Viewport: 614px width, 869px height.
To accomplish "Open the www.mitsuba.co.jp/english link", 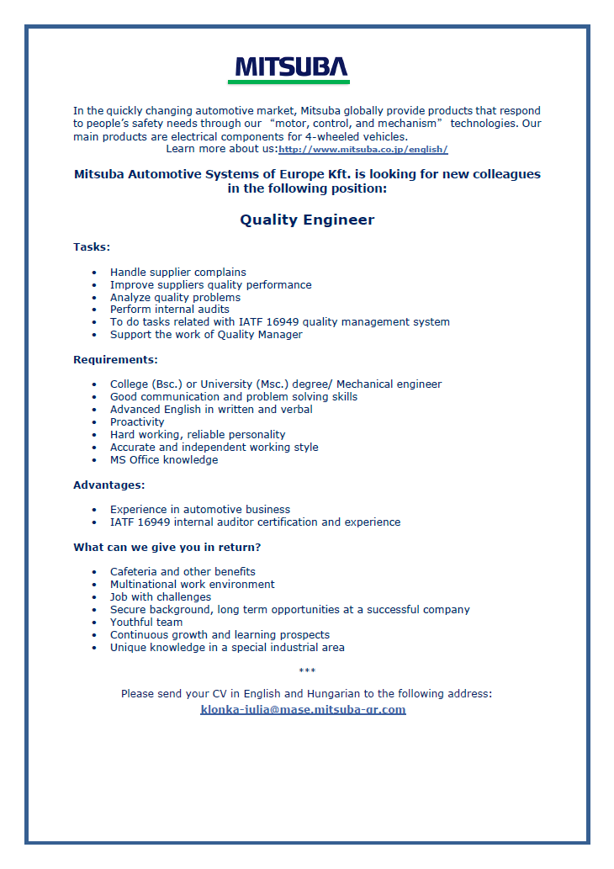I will click(363, 150).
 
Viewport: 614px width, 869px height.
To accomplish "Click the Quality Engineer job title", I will click(307, 220).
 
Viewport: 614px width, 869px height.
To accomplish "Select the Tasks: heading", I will click(92, 247).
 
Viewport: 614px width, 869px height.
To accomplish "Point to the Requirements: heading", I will click(115, 359).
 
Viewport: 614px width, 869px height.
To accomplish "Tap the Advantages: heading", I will click(109, 485).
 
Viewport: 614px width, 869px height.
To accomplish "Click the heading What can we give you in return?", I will click(167, 547).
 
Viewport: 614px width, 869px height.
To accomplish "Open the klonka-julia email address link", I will click(303, 709).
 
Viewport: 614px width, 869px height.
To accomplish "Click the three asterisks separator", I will click(307, 670).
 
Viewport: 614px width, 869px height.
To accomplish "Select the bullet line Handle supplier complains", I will click(178, 272).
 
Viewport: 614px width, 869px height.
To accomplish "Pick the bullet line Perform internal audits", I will click(170, 309).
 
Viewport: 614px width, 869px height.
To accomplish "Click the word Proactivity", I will click(137, 421).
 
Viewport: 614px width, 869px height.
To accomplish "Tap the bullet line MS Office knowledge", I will click(164, 459).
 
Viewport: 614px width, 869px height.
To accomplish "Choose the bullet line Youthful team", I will click(146, 622).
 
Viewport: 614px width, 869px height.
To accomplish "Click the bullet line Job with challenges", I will click(161, 596).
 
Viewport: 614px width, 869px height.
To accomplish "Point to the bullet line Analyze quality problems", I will click(175, 297).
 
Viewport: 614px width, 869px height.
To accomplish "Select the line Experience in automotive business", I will click(200, 509).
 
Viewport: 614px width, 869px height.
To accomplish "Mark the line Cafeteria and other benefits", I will click(183, 571).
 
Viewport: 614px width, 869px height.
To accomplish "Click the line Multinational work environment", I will click(193, 584).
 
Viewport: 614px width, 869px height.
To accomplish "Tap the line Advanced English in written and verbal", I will click(211, 409).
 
